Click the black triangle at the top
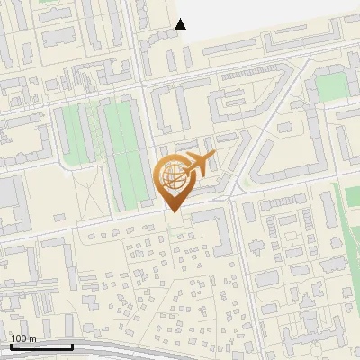click(181, 24)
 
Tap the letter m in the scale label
click(33, 338)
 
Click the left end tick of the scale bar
click(11, 346)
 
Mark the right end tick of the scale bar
click(73, 346)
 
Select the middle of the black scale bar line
click(41, 347)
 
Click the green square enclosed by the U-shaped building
click(331, 86)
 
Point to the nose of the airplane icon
click(213, 159)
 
